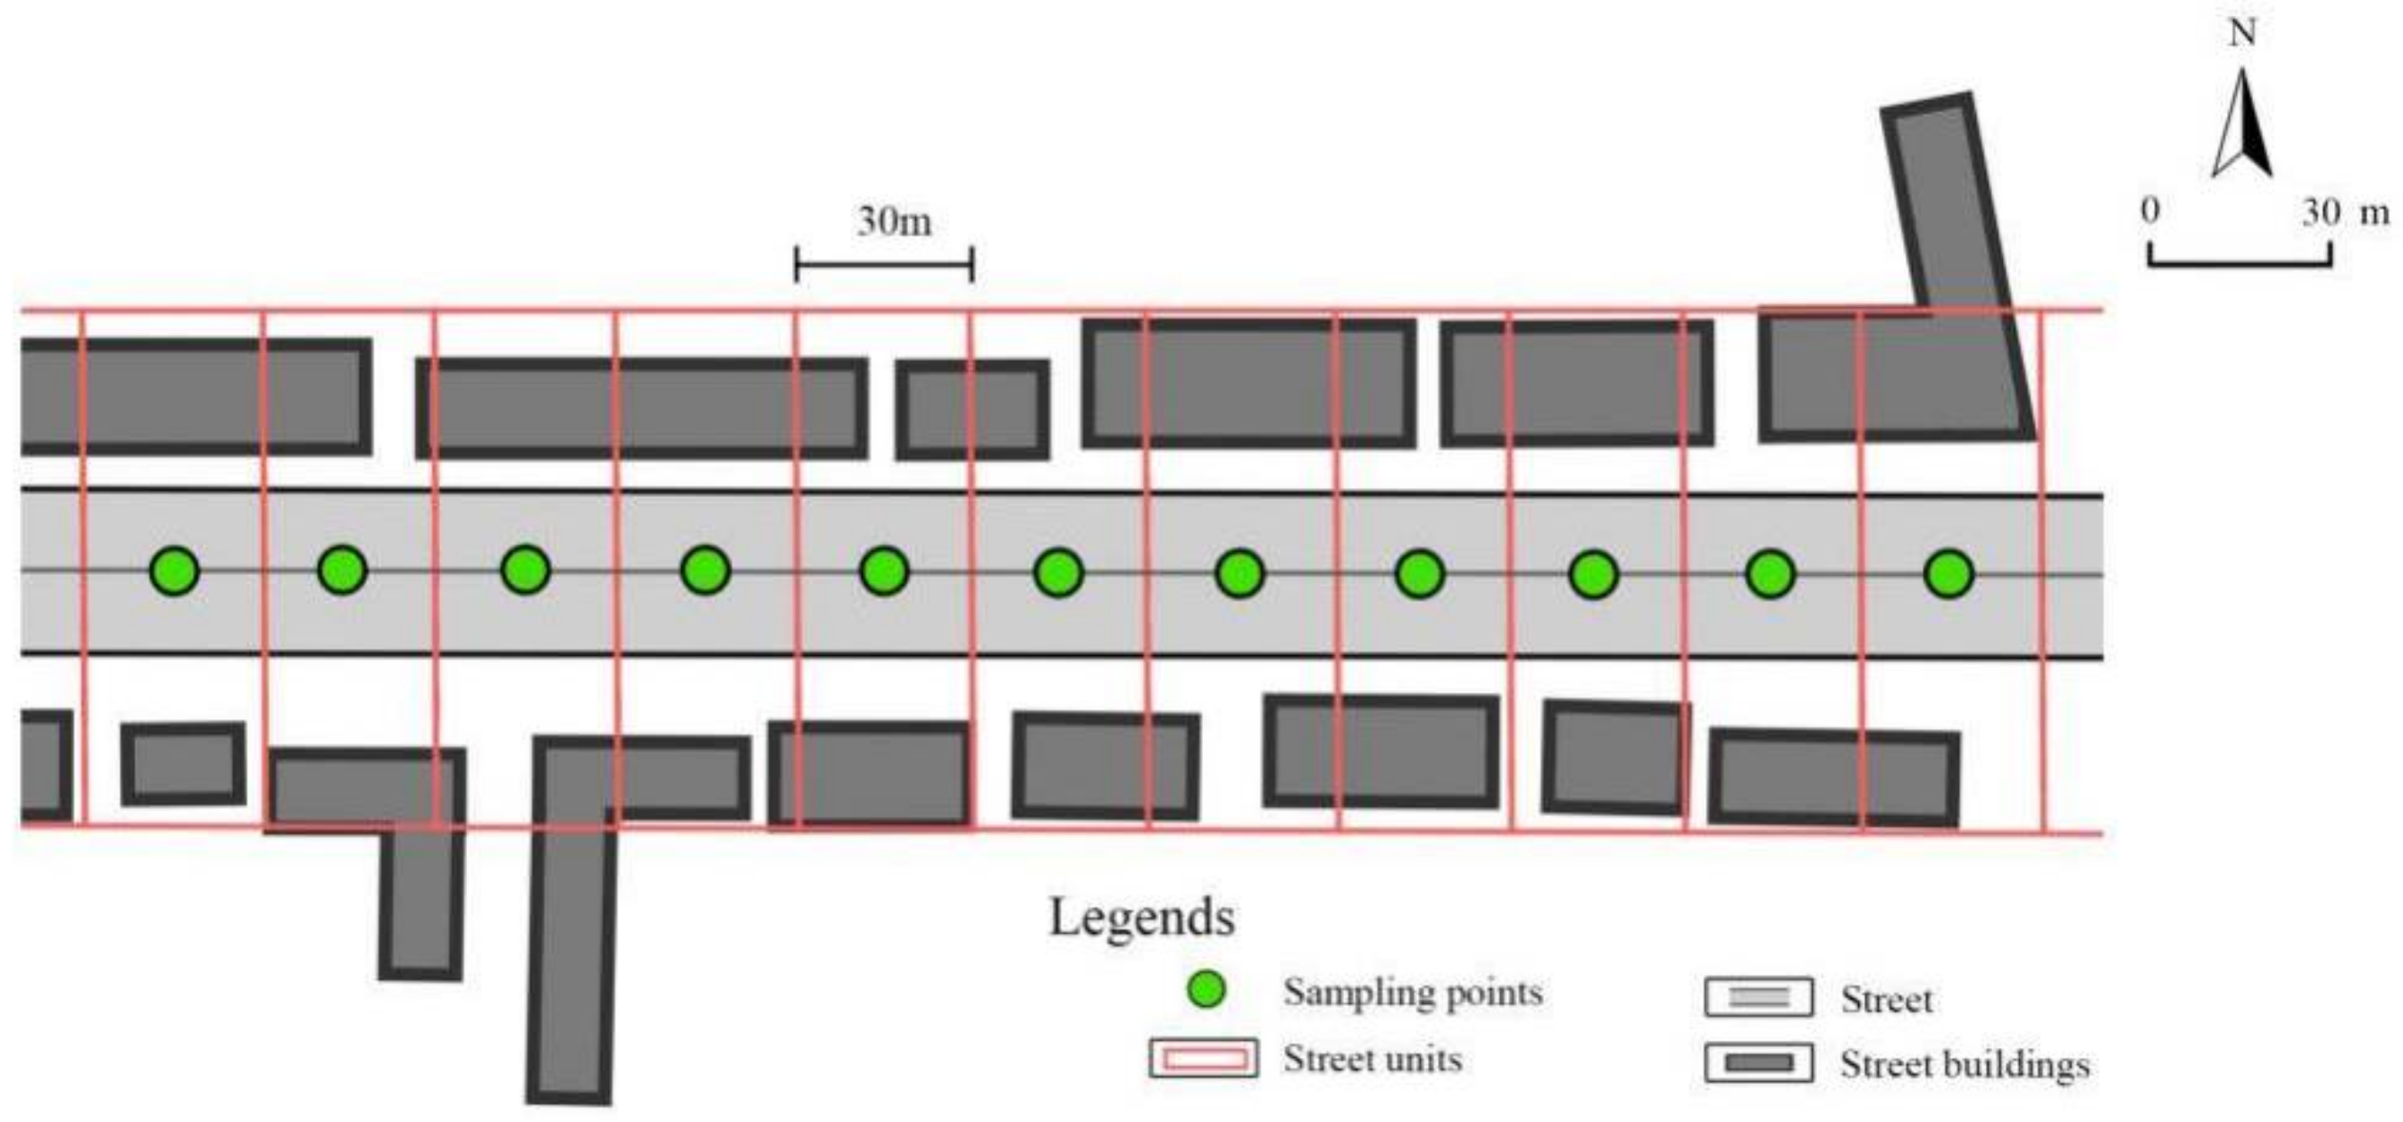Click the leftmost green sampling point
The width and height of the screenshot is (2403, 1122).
click(174, 569)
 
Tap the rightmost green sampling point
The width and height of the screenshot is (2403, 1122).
click(1948, 574)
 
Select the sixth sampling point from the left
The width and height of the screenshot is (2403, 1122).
click(1059, 572)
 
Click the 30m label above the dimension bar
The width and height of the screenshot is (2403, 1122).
click(894, 222)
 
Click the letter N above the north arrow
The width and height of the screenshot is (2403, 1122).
click(2242, 34)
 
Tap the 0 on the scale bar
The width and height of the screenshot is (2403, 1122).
click(2149, 211)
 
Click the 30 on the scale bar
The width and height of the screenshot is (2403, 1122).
click(2321, 212)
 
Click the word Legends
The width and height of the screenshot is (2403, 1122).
click(1142, 917)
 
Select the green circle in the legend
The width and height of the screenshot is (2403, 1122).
click(1206, 990)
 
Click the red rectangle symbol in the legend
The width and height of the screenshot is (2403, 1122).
click(1204, 1060)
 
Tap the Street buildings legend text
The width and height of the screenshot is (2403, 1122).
click(1965, 1064)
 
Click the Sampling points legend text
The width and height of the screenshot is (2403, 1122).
click(1413, 992)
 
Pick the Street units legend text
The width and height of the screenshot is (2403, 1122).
click(1373, 1060)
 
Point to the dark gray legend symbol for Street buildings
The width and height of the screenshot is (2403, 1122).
click(1758, 1063)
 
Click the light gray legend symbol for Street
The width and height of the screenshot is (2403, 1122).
click(1758, 997)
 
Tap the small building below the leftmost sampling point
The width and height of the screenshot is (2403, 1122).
click(184, 764)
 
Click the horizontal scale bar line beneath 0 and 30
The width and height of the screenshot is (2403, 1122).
click(2240, 264)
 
